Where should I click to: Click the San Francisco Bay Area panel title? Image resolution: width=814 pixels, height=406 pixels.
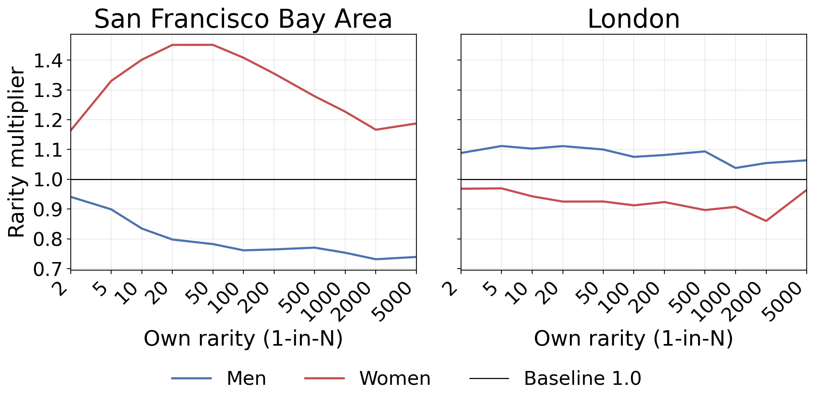click(x=243, y=19)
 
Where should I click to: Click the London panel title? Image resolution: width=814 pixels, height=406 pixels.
click(x=633, y=19)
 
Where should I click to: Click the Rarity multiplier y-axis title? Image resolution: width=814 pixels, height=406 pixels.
click(x=17, y=152)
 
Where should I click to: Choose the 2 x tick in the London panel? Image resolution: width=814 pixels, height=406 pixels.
click(x=454, y=288)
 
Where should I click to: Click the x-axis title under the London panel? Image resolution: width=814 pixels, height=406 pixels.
click(x=633, y=339)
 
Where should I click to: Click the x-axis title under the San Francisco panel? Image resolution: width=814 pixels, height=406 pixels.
click(x=243, y=339)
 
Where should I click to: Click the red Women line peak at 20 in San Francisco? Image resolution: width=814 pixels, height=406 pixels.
click(x=172, y=45)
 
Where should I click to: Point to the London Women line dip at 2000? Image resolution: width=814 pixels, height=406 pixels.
click(x=766, y=221)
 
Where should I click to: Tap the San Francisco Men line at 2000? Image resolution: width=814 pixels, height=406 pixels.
click(x=376, y=259)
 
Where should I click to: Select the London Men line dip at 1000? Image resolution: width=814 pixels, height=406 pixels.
click(x=735, y=168)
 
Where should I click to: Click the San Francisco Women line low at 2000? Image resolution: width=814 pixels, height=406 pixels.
click(x=376, y=130)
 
